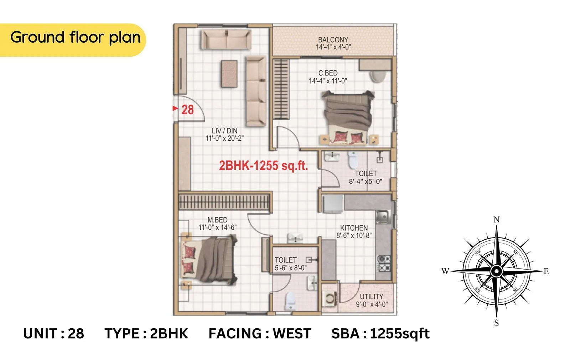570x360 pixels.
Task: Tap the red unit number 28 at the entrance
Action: click(187, 110)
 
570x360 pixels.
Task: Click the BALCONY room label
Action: click(333, 40)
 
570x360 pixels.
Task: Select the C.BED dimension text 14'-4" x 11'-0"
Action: click(328, 81)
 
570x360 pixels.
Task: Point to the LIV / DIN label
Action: click(224, 131)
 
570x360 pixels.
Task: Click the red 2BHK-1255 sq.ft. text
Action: click(263, 166)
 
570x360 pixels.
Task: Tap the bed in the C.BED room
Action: click(347, 118)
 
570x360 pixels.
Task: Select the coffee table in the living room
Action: click(229, 73)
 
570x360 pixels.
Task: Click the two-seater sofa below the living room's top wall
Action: click(226, 39)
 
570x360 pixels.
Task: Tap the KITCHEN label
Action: click(354, 228)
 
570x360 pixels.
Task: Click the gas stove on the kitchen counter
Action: click(384, 263)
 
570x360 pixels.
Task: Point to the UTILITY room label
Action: click(372, 297)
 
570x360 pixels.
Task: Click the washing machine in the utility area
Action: click(330, 298)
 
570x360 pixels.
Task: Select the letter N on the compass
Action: click(497, 220)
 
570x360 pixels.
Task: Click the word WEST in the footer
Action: click(292, 334)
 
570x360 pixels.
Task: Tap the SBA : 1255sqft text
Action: click(380, 334)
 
